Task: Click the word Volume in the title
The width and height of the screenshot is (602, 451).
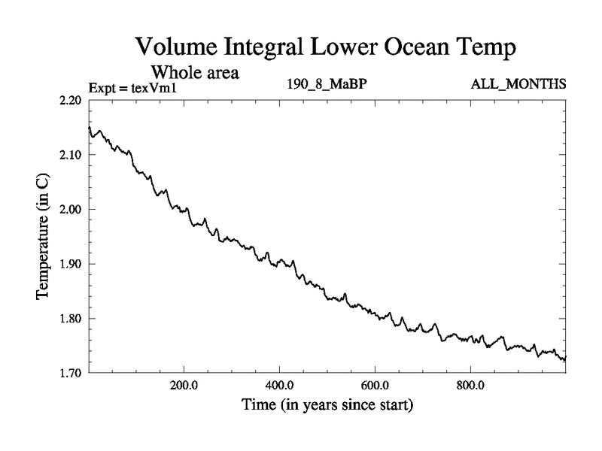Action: pos(175,47)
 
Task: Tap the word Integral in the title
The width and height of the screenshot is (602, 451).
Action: pos(264,49)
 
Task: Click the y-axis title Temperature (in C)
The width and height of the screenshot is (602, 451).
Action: pos(43,236)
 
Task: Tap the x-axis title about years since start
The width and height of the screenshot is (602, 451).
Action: pos(327,406)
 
